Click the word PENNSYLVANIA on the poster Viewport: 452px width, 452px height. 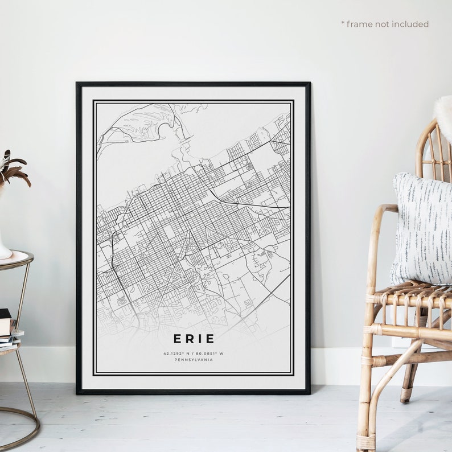pos(194,360)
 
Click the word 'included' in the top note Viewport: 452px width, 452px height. pos(410,24)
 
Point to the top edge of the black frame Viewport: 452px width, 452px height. pos(193,84)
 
